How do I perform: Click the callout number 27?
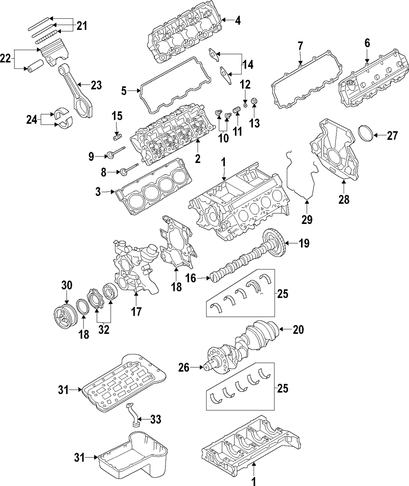click(392, 136)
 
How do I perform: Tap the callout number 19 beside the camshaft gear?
click(304, 244)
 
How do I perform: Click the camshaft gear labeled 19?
click(273, 244)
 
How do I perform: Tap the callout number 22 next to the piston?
click(6, 59)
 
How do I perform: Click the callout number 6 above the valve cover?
click(367, 42)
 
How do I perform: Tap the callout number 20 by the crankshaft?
click(298, 330)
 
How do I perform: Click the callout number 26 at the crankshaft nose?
click(184, 368)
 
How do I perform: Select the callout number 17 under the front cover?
click(136, 311)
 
